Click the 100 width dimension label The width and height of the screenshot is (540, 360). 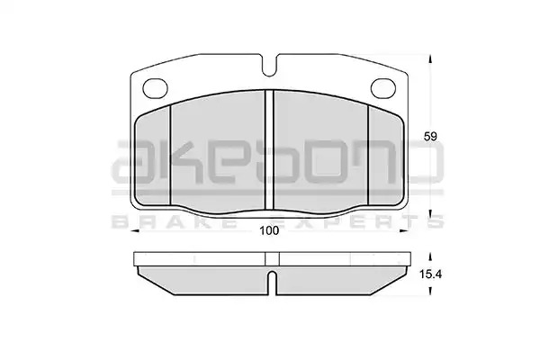[x=269, y=230]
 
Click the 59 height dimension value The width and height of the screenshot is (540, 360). [x=430, y=137]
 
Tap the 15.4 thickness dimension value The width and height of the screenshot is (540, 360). [x=430, y=274]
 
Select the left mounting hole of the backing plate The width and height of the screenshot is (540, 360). [x=155, y=87]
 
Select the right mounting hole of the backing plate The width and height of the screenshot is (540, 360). [x=383, y=87]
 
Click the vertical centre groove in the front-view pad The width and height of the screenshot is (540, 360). [x=269, y=150]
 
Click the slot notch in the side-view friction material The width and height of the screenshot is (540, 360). [x=272, y=283]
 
